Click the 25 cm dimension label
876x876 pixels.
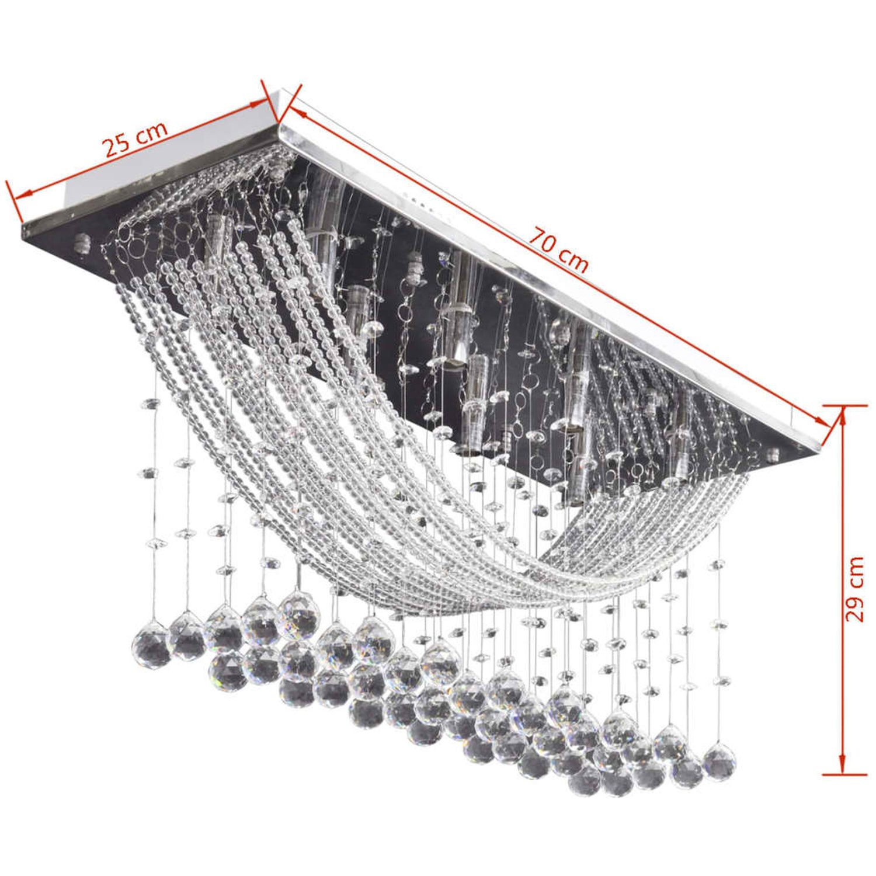[x=136, y=139]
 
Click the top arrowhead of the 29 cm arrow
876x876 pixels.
[x=843, y=416]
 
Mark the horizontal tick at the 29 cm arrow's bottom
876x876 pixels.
[x=844, y=776]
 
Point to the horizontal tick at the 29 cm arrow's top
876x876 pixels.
[x=844, y=405]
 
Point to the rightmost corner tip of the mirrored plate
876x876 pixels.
[x=821, y=447]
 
